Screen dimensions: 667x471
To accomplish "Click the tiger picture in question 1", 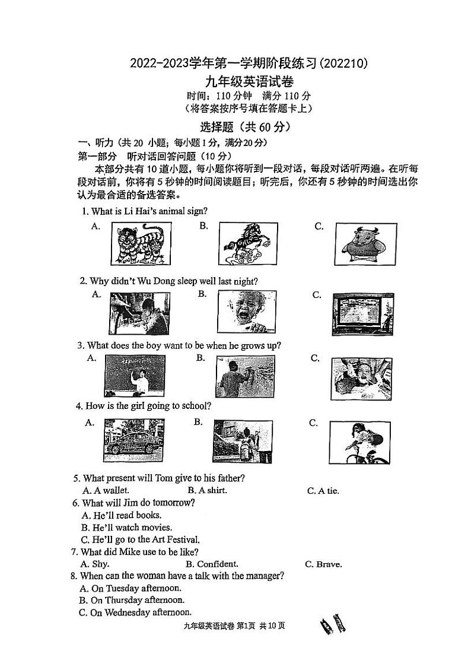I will pyautogui.click(x=141, y=244).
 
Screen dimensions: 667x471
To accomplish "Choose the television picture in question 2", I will pyautogui.click(x=362, y=314).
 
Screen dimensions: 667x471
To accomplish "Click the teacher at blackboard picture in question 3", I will pyautogui.click(x=135, y=376).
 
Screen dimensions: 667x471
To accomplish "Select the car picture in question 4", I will pyautogui.click(x=134, y=440).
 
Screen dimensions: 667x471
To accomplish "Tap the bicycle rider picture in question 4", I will pyautogui.click(x=359, y=442).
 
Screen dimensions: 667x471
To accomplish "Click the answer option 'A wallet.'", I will pyautogui.click(x=106, y=490).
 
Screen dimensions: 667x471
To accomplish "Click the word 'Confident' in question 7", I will pyautogui.click(x=217, y=564).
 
